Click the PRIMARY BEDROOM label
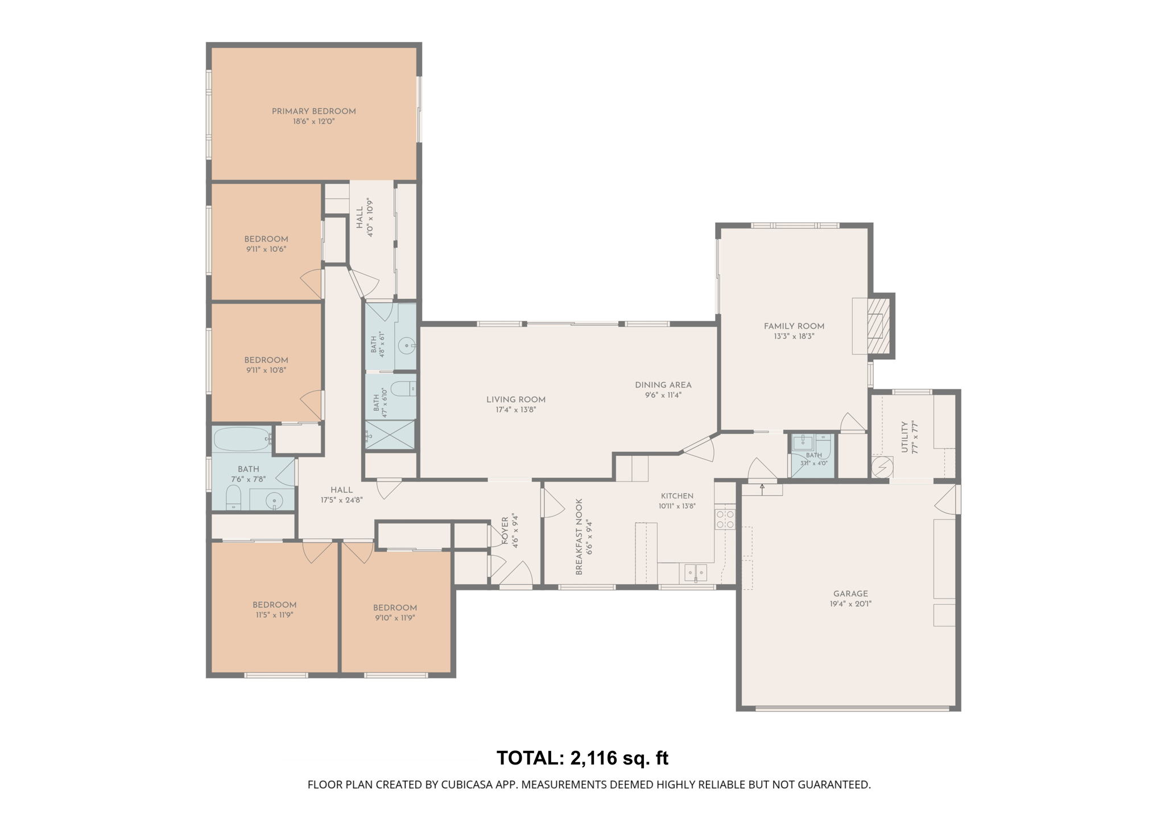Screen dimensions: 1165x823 (x=313, y=111)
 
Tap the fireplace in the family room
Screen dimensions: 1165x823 (x=878, y=326)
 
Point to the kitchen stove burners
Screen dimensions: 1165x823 (x=725, y=519)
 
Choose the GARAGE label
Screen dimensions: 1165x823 (x=851, y=594)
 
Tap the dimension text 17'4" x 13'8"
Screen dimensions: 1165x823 (x=516, y=409)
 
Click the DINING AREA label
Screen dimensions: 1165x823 (x=663, y=385)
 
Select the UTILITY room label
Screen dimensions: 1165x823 (x=904, y=437)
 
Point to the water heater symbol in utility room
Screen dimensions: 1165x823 (x=882, y=467)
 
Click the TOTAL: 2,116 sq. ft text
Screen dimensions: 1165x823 (x=582, y=758)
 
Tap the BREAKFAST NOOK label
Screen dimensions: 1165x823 (x=579, y=537)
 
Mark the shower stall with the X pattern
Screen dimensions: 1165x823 (x=390, y=435)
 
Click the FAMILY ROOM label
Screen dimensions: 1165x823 (x=794, y=326)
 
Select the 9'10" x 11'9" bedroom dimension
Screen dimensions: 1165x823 (x=395, y=618)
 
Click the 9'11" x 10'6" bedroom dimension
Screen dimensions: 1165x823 (x=266, y=249)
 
